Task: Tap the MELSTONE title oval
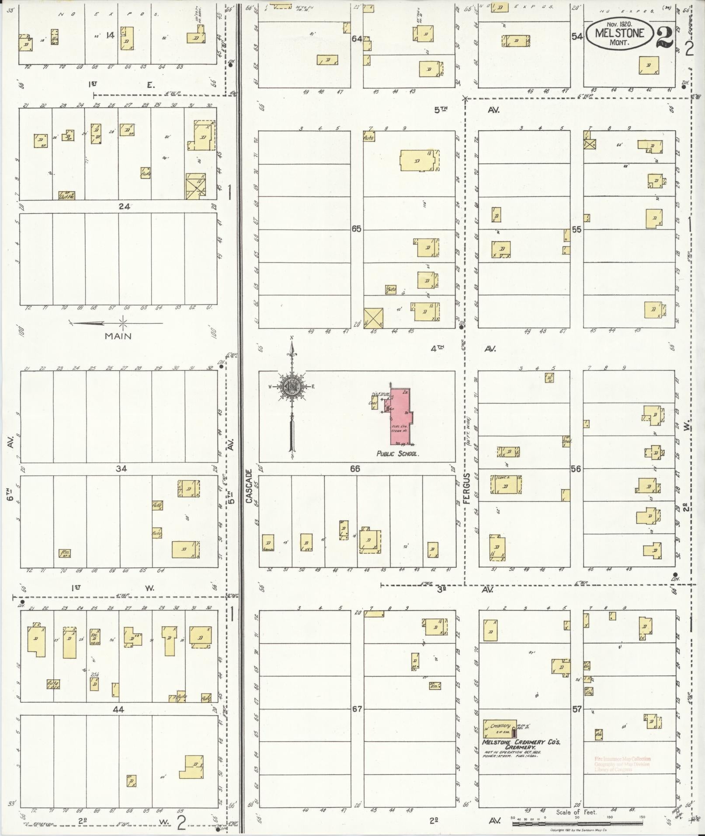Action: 620,33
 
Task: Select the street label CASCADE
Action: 249,486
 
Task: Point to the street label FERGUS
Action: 467,488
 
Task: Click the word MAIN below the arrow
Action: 118,336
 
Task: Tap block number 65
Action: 357,229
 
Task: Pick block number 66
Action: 355,468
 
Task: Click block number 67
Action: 357,708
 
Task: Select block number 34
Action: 121,468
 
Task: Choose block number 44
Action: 118,709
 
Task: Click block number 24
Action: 125,206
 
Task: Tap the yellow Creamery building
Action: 499,727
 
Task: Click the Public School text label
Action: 398,454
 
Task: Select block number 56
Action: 576,468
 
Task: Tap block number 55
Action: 577,229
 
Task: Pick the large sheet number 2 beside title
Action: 664,37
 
